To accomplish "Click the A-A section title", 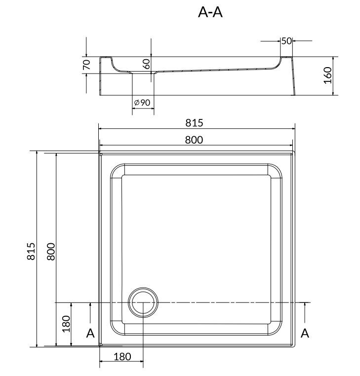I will (x=210, y=13).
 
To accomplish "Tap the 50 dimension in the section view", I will (x=286, y=41).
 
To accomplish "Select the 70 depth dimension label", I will (x=86, y=65).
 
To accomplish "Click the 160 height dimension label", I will (x=327, y=75).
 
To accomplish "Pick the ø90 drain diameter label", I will (x=142, y=102).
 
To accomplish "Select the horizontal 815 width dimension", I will (x=195, y=123).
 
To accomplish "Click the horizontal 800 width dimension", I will (x=195, y=140).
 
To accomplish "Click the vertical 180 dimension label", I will (x=66, y=324).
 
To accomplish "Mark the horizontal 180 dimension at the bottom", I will (x=121, y=356).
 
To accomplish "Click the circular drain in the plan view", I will (x=143, y=302).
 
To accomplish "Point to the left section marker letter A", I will (x=90, y=334).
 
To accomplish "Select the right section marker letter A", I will (x=305, y=334).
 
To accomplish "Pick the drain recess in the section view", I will (x=143, y=74).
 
